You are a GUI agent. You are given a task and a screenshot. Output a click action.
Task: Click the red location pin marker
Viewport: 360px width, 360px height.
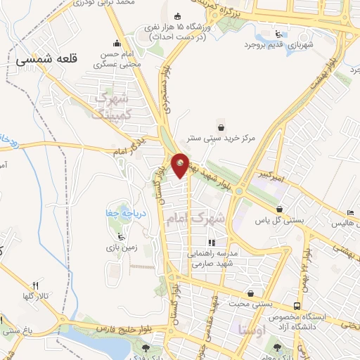(181, 165)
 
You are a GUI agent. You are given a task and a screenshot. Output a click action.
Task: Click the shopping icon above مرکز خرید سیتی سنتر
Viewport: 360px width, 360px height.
(222, 127)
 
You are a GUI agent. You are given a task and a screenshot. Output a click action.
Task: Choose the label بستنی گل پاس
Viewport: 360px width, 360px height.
(280, 221)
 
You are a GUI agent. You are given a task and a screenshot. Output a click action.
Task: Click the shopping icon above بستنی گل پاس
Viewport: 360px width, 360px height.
(280, 210)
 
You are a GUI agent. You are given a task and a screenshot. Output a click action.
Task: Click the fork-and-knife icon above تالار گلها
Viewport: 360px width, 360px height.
(34, 285)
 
